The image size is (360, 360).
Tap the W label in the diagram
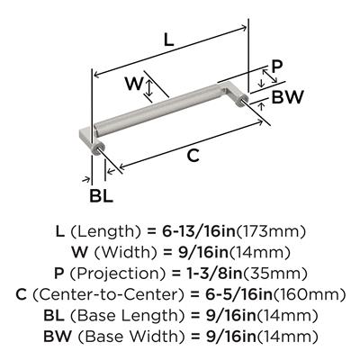[133, 84]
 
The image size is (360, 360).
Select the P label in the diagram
[276, 67]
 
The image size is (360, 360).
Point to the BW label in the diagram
[288, 96]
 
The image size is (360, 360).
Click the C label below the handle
[193, 156]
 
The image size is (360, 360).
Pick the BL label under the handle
[101, 196]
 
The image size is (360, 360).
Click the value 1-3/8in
[208, 274]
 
